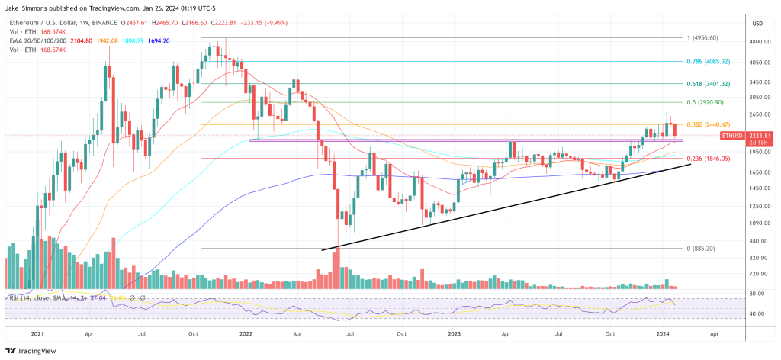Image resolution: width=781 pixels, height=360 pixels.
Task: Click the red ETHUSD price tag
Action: (x=734, y=136)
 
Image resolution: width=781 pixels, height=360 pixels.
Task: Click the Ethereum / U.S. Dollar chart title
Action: (x=46, y=22)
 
